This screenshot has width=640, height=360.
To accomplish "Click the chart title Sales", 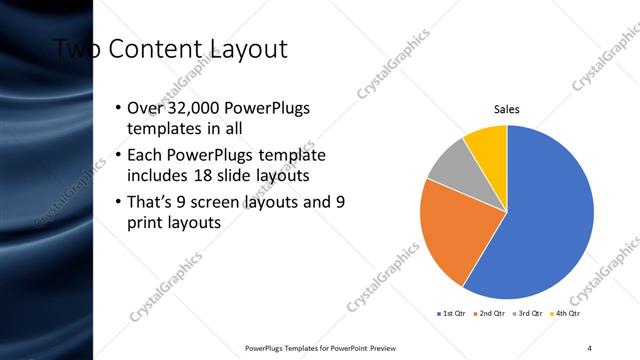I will click(507, 110).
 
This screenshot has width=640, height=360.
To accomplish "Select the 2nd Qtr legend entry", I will click(488, 314).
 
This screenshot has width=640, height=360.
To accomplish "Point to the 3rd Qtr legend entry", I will click(526, 314).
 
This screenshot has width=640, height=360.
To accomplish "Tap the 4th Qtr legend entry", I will click(565, 314).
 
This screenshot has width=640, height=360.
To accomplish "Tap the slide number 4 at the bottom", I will click(589, 347).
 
